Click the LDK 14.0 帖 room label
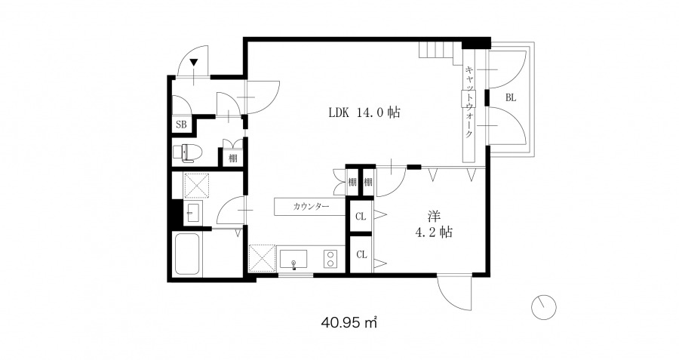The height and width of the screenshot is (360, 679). click(x=364, y=112)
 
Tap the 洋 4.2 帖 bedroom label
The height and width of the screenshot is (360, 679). click(x=434, y=224)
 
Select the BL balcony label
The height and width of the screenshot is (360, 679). click(x=511, y=97)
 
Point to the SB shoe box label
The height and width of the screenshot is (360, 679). click(x=181, y=125)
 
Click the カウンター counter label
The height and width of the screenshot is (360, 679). click(x=311, y=206)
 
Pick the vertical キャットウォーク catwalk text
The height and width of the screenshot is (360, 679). click(x=469, y=101)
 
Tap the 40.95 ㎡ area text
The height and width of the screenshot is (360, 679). click(x=349, y=322)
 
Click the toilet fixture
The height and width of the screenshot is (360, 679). click(x=188, y=152)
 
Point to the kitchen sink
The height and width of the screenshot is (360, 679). click(x=293, y=259)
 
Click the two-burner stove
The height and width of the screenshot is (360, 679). click(x=330, y=259)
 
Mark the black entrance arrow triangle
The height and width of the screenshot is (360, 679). click(x=194, y=63)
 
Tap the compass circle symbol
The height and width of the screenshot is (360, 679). click(x=543, y=307)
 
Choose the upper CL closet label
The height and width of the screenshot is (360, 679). click(x=361, y=216)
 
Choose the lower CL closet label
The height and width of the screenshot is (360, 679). click(x=361, y=254)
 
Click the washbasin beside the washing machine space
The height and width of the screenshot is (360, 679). click(x=192, y=212)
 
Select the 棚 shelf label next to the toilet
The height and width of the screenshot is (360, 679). click(x=233, y=158)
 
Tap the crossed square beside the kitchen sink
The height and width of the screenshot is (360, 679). click(x=262, y=258)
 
